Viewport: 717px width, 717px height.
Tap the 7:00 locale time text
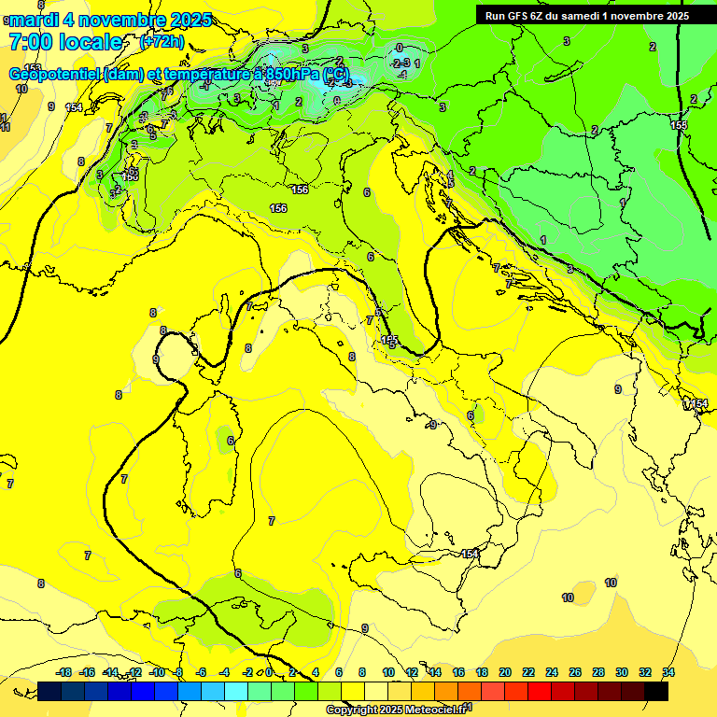(x=65, y=42)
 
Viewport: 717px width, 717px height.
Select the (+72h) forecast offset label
(x=162, y=42)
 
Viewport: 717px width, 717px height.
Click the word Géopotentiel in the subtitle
(x=55, y=74)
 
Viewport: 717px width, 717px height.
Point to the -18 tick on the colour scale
(x=63, y=672)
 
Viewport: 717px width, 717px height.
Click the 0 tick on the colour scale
(x=269, y=672)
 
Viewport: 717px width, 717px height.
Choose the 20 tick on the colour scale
(x=505, y=672)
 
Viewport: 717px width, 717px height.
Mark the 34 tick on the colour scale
(x=668, y=672)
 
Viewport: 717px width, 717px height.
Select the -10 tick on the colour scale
(x=157, y=672)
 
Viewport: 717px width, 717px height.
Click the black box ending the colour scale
(x=656, y=691)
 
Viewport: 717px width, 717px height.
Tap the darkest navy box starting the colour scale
(x=50, y=691)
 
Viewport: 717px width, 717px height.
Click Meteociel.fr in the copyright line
(x=435, y=710)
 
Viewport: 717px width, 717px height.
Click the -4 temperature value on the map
(x=402, y=74)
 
